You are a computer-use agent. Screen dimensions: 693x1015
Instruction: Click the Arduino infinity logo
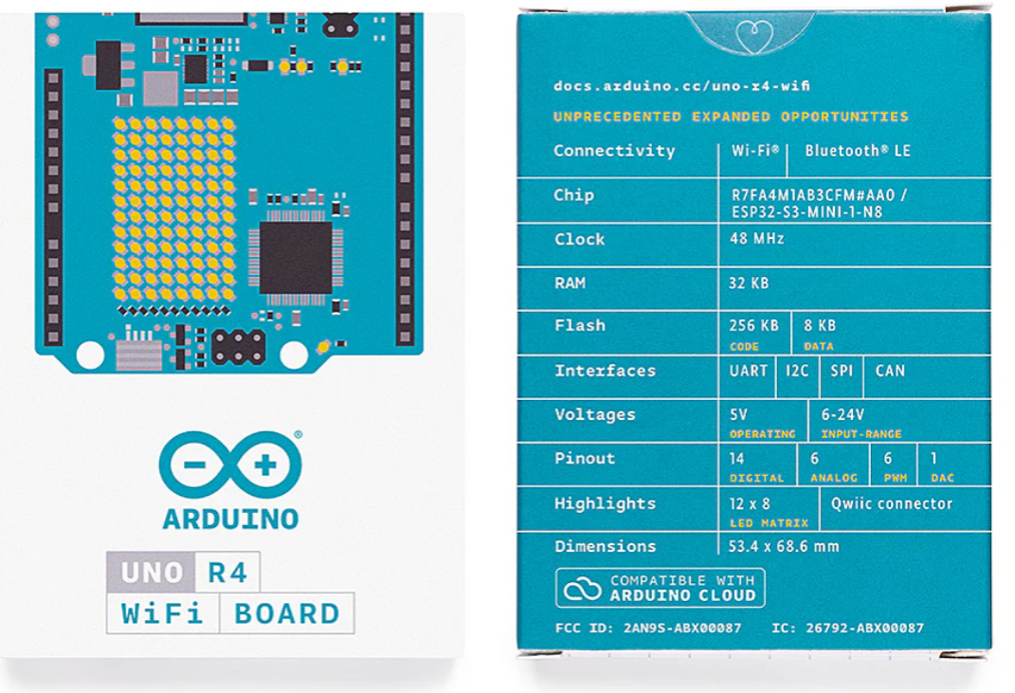(230, 465)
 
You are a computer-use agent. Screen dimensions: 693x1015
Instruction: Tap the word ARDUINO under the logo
(230, 519)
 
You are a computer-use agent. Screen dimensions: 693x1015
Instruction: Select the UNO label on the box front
(152, 572)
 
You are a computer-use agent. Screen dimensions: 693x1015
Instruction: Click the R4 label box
(227, 572)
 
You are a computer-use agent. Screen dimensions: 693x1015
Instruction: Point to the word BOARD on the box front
(286, 613)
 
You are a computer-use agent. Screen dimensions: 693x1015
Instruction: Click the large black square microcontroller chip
(295, 258)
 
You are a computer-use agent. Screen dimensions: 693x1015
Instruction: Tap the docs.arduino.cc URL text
(681, 86)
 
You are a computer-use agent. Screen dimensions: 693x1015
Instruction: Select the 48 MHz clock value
(756, 239)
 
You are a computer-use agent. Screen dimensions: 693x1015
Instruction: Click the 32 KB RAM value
(749, 283)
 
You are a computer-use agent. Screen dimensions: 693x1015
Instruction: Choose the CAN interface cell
(890, 371)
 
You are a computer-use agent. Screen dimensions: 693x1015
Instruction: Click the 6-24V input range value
(843, 414)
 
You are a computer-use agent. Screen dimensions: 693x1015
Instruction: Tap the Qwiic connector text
(892, 503)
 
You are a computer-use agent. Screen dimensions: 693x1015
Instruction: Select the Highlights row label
(605, 503)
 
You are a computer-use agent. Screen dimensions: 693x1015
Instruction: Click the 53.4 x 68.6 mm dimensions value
(784, 546)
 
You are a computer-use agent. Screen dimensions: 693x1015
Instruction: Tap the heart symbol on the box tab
(754, 36)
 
